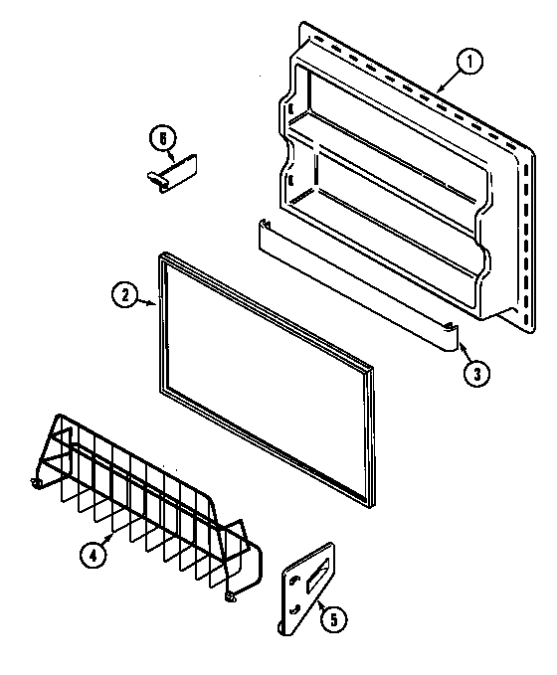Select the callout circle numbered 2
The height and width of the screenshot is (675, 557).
[x=123, y=294]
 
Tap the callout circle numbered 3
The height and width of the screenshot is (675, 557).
[x=476, y=373]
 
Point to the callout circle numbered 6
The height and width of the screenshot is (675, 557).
[x=160, y=136]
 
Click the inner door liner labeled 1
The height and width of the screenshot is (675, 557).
[x=398, y=179]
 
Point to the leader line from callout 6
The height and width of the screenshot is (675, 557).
[x=171, y=152]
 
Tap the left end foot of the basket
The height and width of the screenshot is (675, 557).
[x=37, y=483]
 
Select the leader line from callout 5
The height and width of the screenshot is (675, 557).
[x=321, y=601]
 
